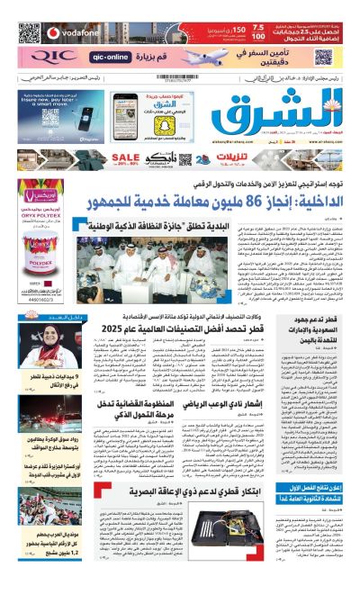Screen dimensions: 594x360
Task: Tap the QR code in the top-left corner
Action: point(30,33)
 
